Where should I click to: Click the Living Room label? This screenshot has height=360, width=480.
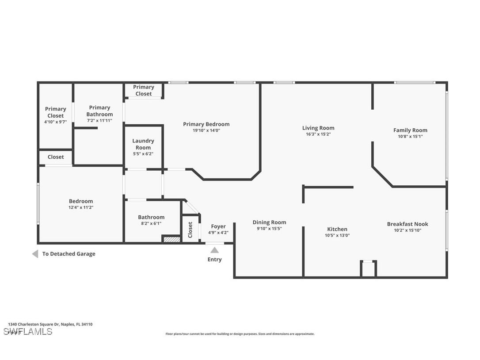tap(318, 128)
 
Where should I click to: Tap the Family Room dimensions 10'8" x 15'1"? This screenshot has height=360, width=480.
tap(410, 136)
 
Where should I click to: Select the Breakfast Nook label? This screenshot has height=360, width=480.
tap(408, 224)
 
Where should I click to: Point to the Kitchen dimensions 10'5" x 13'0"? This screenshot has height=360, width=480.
tap(337, 235)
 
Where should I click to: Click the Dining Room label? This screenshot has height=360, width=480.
tap(269, 222)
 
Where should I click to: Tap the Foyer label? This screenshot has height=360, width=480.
tap(218, 226)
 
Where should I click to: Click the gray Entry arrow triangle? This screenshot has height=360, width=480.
tap(214, 250)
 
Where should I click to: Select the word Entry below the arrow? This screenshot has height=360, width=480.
tap(214, 260)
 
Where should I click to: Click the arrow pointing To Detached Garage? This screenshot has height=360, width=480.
tap(35, 254)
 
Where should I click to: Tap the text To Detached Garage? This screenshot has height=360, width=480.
tap(69, 254)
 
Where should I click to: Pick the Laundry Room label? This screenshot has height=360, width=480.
tap(143, 144)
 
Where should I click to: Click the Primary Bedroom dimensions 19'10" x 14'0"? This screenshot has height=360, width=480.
tap(206, 130)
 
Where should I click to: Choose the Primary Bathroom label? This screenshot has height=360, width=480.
tap(99, 111)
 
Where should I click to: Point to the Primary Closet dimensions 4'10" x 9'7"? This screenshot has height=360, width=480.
tap(55, 122)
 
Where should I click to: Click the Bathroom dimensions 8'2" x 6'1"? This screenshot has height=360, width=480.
tap(151, 223)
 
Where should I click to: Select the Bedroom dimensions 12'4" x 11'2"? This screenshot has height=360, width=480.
tap(81, 207)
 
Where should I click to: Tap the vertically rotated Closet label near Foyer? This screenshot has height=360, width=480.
tap(190, 230)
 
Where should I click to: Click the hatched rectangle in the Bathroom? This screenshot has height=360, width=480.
tap(172, 239)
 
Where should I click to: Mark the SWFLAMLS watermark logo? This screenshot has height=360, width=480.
tap(28, 332)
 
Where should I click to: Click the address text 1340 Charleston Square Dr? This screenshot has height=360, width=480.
tap(50, 324)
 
